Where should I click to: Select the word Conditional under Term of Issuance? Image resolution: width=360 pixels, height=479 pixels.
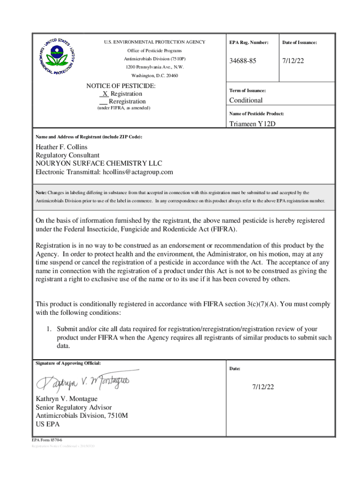(x=245, y=100)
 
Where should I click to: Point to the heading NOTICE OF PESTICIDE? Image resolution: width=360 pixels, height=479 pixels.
(x=121, y=86)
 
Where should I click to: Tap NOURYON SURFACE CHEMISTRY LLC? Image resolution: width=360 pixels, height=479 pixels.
(x=99, y=163)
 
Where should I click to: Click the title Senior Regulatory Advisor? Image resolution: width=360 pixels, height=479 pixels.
(x=74, y=407)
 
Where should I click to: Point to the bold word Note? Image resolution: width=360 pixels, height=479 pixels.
(x=41, y=192)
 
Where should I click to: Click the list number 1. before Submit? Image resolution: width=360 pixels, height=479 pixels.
(x=48, y=329)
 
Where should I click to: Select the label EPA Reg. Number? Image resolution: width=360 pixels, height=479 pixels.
(x=248, y=43)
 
